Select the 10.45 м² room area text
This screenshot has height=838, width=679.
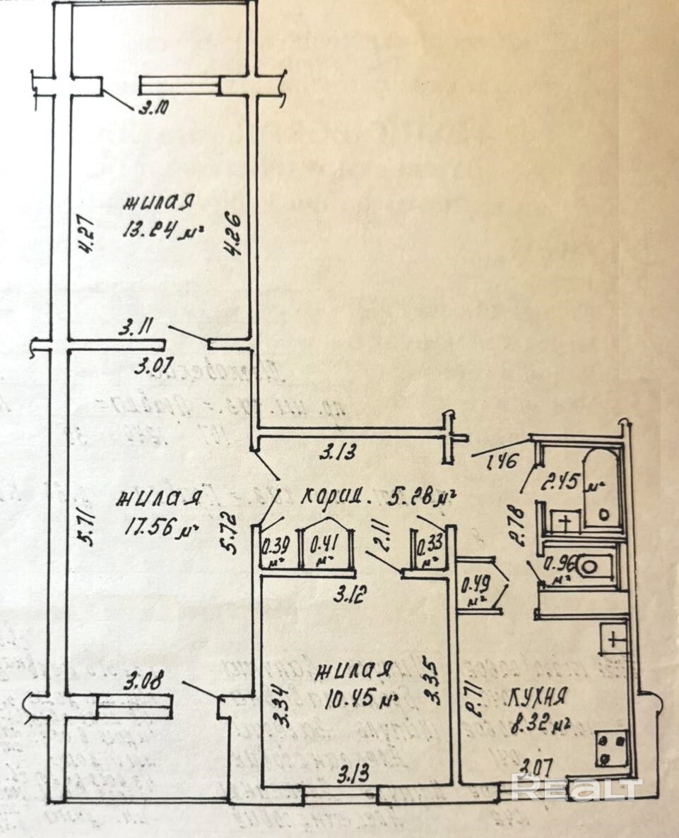coord(359,700)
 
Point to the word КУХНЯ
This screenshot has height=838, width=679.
coord(538,698)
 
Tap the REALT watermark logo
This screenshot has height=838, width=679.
coord(576,787)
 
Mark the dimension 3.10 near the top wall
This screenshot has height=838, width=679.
coord(153,109)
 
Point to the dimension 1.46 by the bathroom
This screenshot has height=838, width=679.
coord(504,462)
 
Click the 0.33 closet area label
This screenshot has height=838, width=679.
coord(430,549)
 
